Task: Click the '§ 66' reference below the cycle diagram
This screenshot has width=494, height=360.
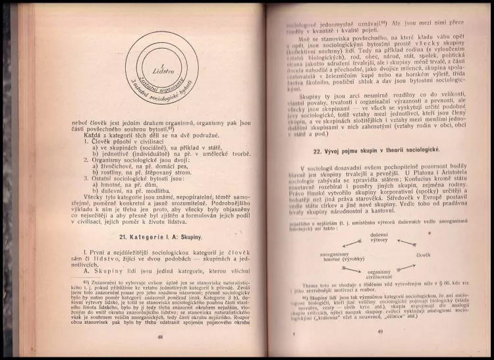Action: [x=441, y=297]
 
